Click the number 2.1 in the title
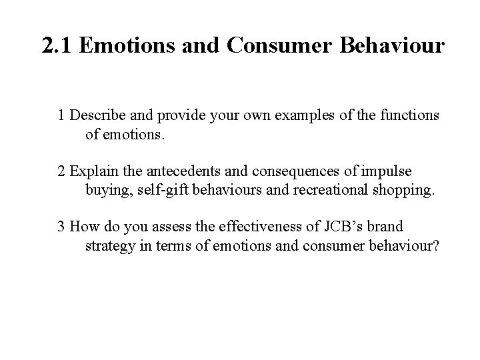point(57,46)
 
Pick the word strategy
point(109,247)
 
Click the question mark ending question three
point(435,247)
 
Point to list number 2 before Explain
point(62,171)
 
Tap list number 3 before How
point(62,227)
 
